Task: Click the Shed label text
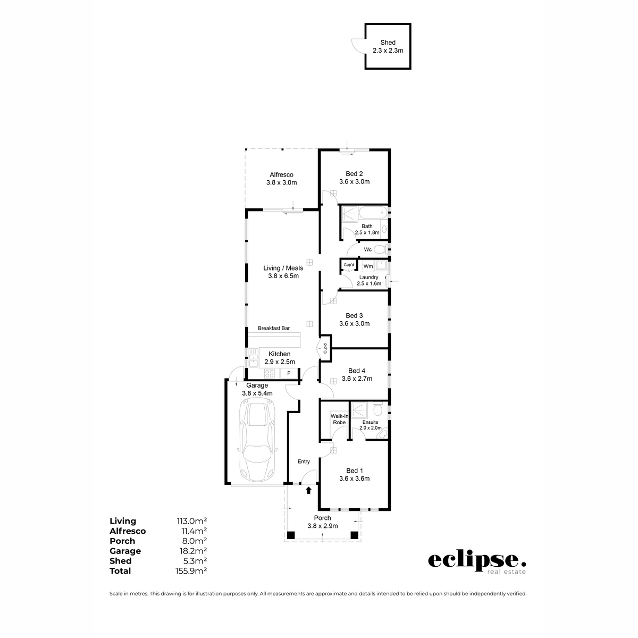pyautogui.click(x=388, y=43)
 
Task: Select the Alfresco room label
pyautogui.click(x=281, y=174)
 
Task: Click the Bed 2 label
pyautogui.click(x=354, y=173)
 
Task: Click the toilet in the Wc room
pyautogui.click(x=380, y=249)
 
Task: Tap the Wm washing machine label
pyautogui.click(x=368, y=266)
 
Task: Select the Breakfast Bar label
pyautogui.click(x=274, y=329)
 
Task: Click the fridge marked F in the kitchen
pyautogui.click(x=289, y=373)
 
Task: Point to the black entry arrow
pyautogui.click(x=309, y=491)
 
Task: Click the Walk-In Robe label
pyautogui.click(x=339, y=419)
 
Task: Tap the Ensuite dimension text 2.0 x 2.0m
pyautogui.click(x=371, y=427)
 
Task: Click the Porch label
pyautogui.click(x=322, y=518)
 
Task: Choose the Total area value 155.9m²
pyautogui.click(x=191, y=570)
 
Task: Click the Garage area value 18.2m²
pyautogui.click(x=191, y=551)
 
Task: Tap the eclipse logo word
pyautogui.click(x=477, y=560)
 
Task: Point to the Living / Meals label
pyautogui.click(x=283, y=268)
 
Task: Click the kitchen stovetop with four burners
pyautogui.click(x=270, y=373)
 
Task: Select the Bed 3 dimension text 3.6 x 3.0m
pyautogui.click(x=354, y=323)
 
